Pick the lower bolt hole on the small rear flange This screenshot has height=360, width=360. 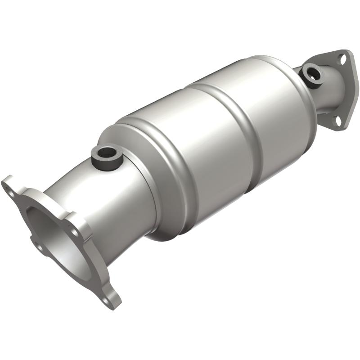[x=337, y=121]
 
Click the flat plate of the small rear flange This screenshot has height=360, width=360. [x=346, y=90]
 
